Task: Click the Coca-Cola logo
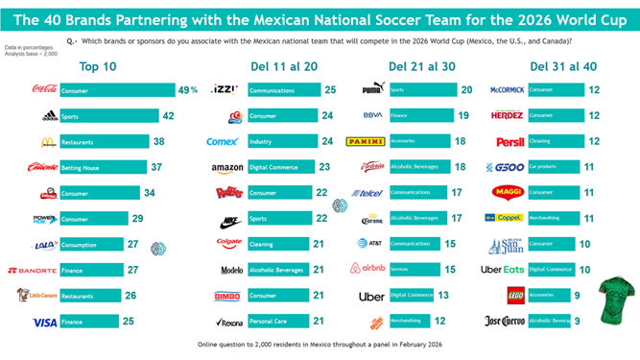44,90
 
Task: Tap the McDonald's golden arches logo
45,142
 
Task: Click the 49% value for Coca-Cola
187,90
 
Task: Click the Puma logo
373,89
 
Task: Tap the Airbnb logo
367,270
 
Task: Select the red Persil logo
510,141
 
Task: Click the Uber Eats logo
504,270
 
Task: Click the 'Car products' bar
553,167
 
